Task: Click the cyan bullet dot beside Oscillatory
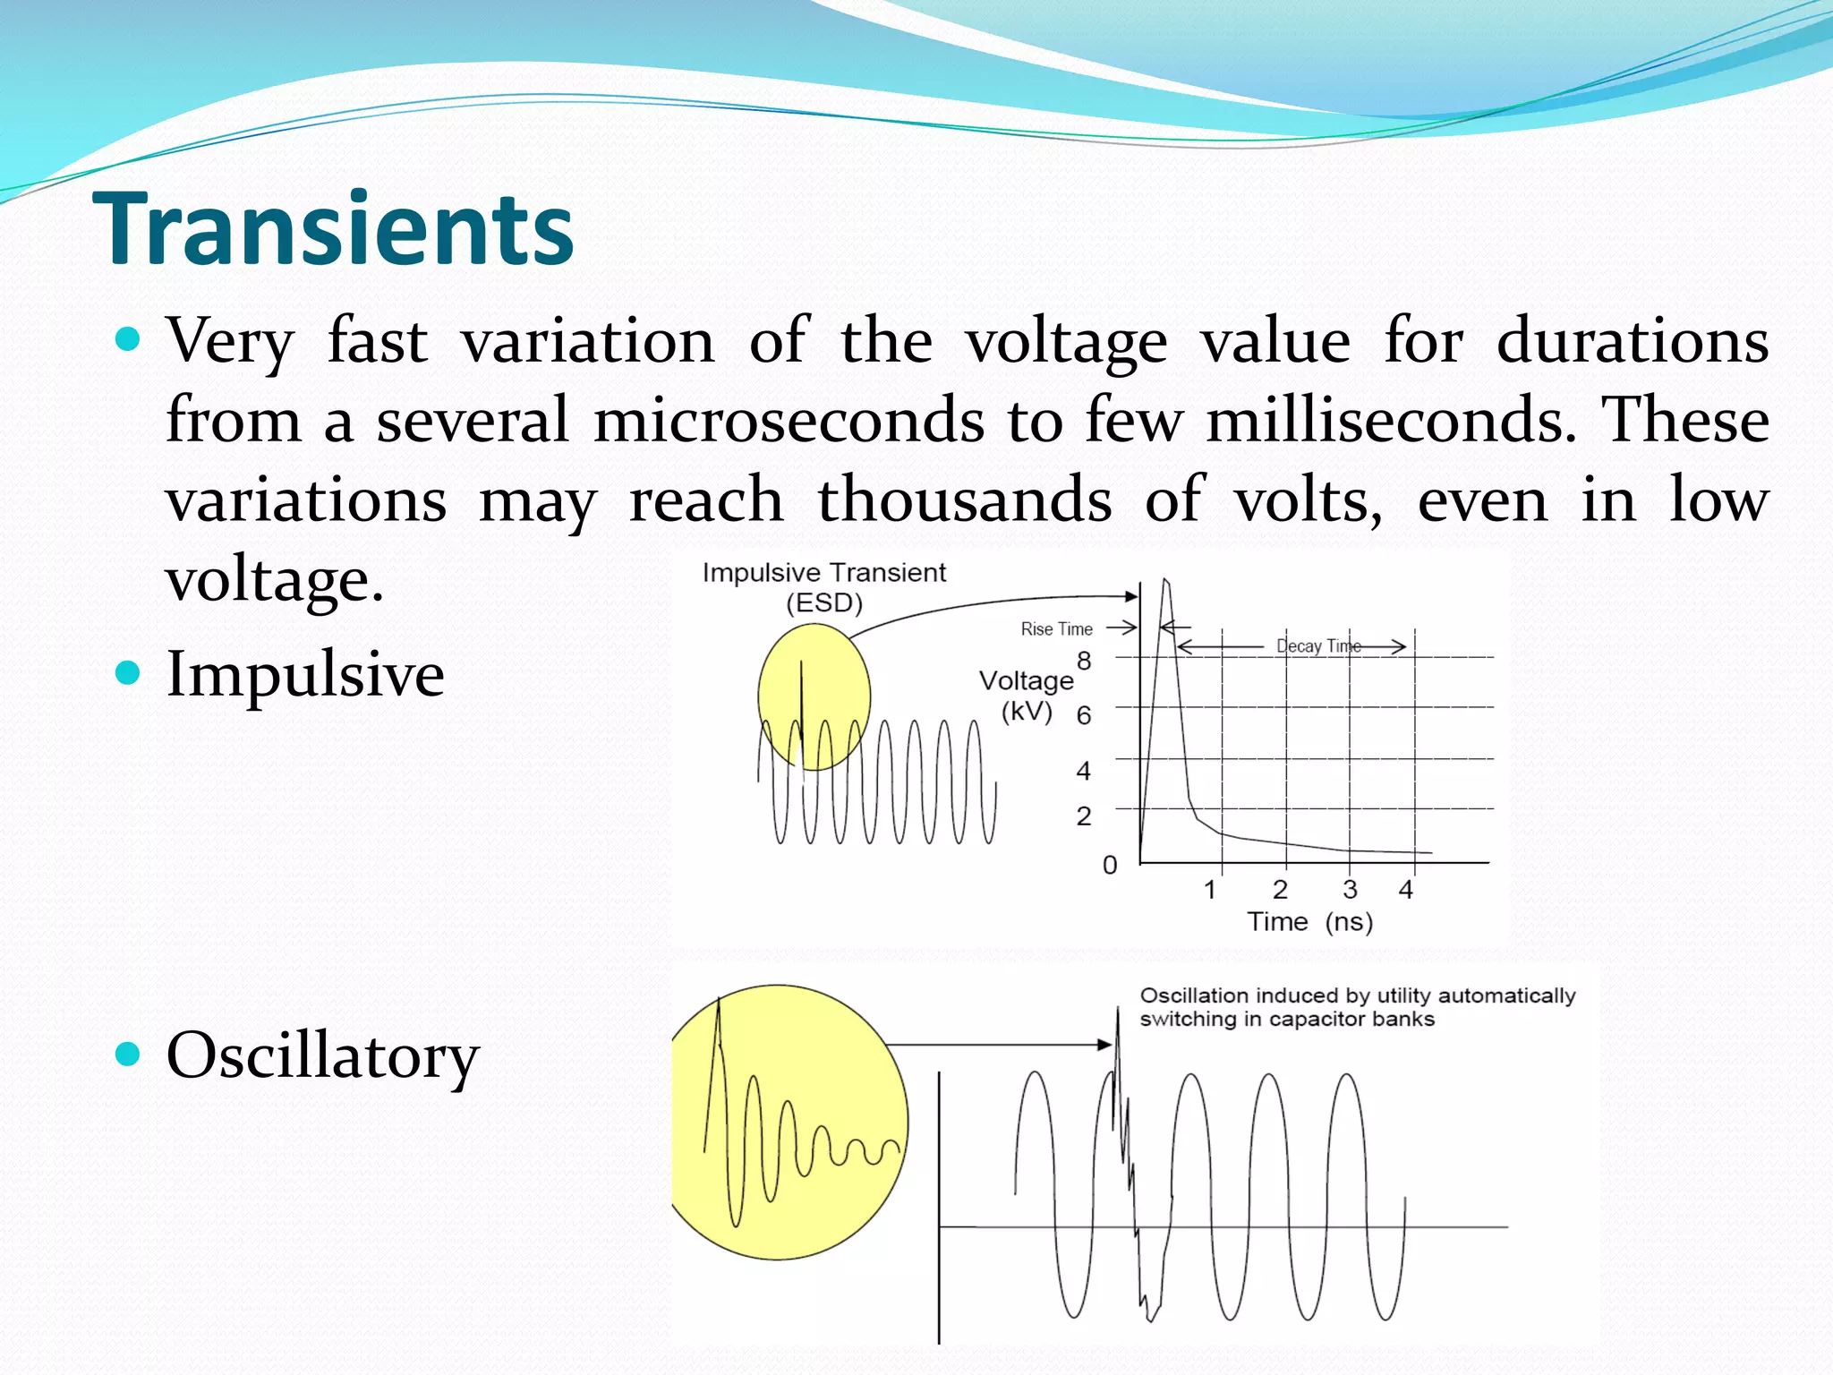(129, 1054)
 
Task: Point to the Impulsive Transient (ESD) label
(823, 587)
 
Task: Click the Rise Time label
(1056, 629)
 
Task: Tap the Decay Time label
(1318, 645)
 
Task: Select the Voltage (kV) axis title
(1027, 696)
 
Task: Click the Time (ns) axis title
(1310, 921)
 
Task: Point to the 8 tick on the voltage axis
(1084, 662)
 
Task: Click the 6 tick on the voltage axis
(1084, 715)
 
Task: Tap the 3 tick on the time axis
(1350, 889)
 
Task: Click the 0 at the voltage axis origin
(1110, 865)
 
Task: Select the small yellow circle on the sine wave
(814, 696)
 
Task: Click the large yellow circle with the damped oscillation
(788, 1123)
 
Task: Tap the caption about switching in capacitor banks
(1357, 1007)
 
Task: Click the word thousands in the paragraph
(965, 500)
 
